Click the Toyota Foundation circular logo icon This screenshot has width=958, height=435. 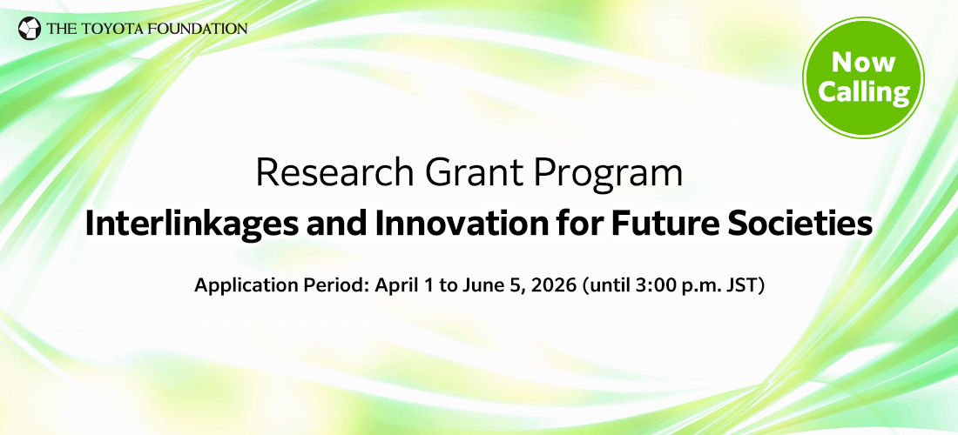30,29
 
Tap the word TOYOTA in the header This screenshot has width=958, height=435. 105,29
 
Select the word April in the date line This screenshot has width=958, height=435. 395,286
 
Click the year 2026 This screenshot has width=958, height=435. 549,286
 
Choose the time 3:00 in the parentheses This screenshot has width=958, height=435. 655,286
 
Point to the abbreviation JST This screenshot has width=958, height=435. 745,286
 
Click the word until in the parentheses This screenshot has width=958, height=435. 609,286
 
